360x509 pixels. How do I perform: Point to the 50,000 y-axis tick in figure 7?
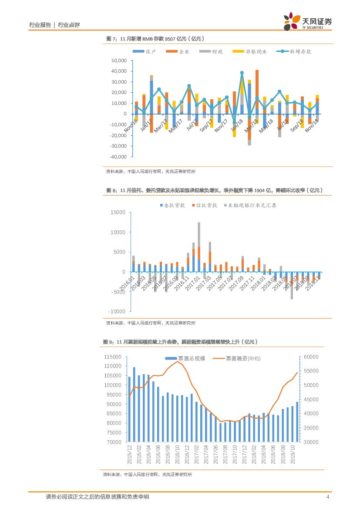119,61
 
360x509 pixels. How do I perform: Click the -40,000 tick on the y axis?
118,157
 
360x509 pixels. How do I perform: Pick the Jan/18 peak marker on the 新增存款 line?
242,73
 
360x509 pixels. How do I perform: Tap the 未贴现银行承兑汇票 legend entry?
252,205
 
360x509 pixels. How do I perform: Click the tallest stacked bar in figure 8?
199,244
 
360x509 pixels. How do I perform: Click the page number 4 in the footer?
328,497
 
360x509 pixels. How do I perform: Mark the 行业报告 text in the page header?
40,25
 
